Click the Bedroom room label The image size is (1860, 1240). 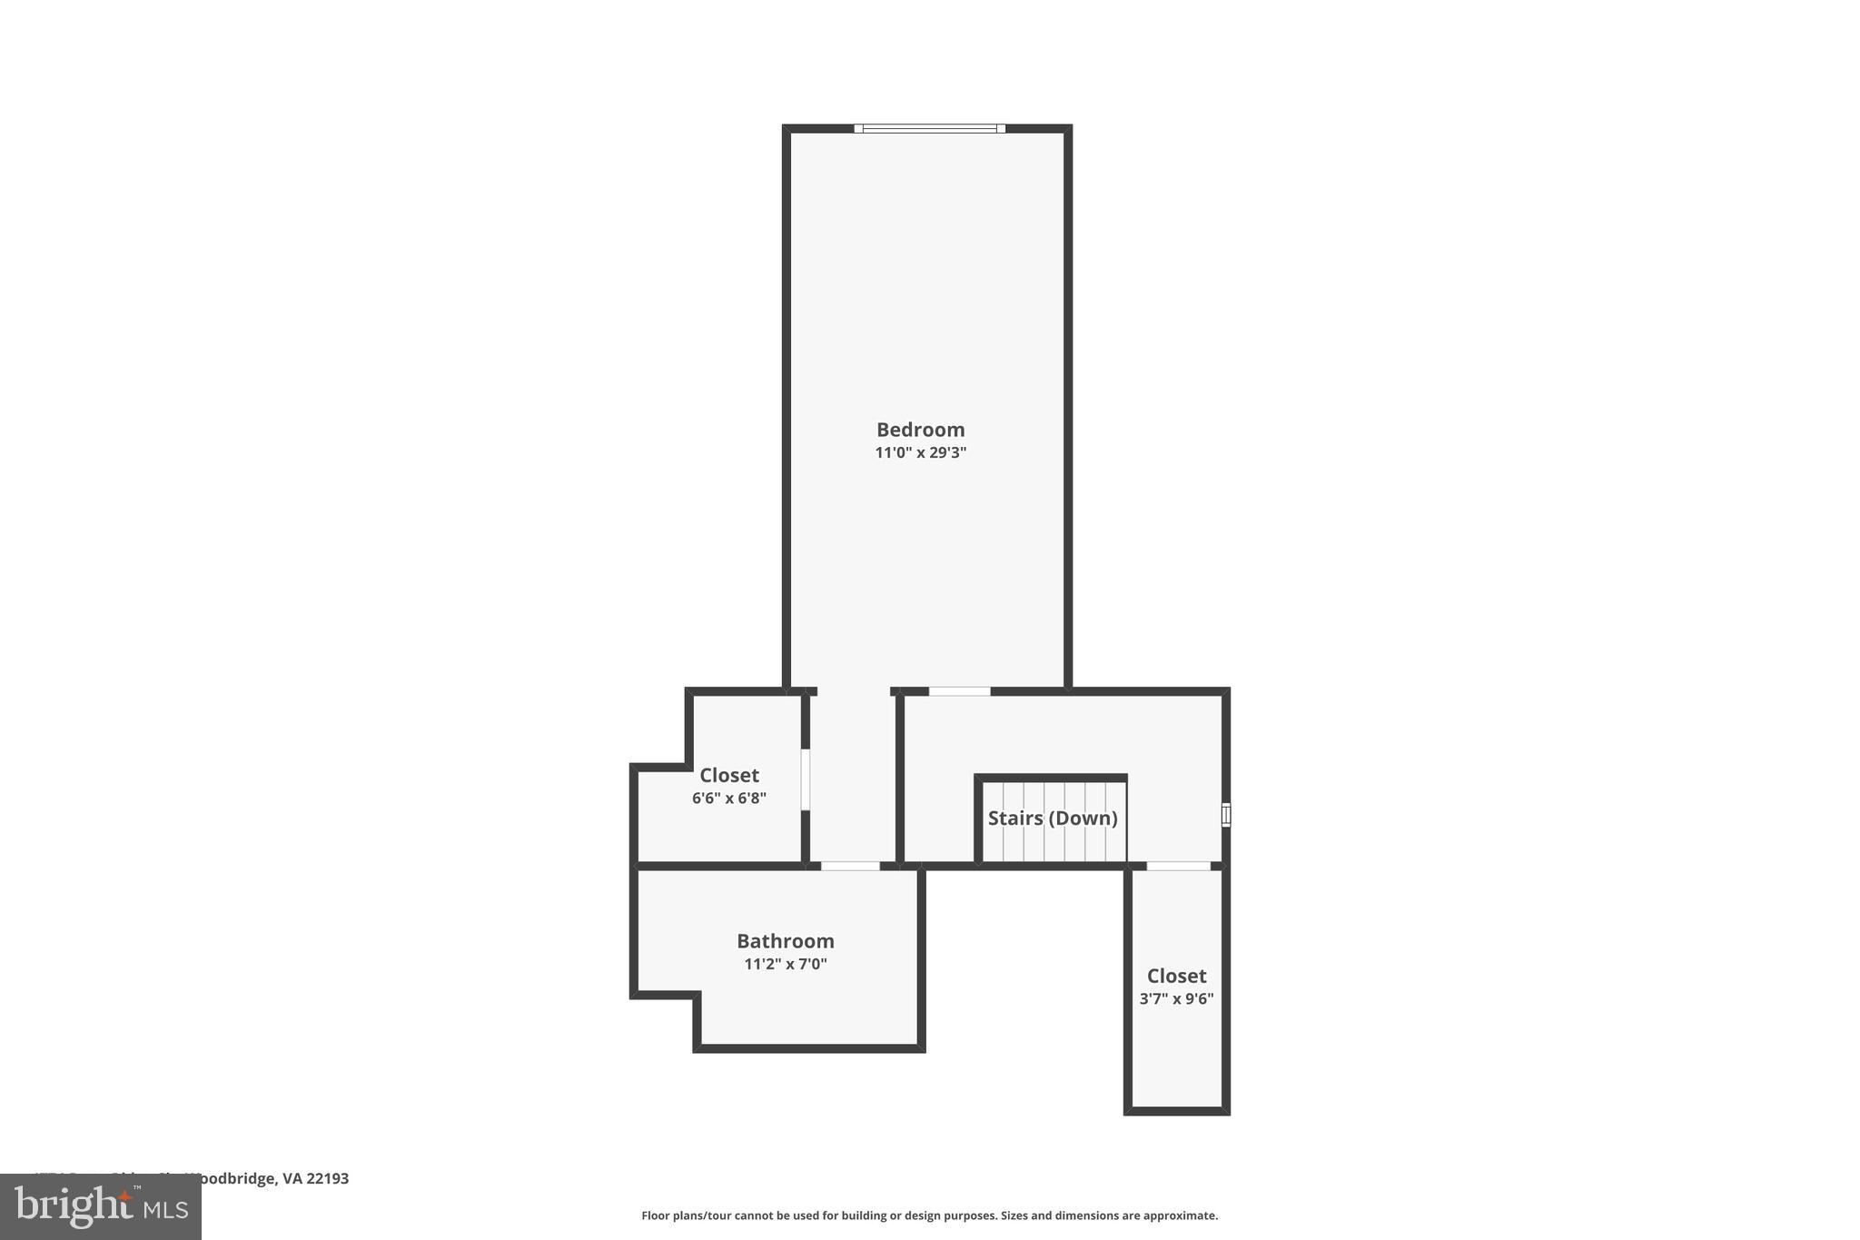coord(920,430)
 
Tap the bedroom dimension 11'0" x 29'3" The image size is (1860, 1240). coord(920,452)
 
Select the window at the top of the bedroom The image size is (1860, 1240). coord(929,129)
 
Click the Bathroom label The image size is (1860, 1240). coord(785,941)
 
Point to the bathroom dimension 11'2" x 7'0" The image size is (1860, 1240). coord(785,964)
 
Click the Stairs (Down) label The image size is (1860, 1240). coord(1052,818)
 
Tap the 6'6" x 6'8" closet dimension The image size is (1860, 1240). coord(728,799)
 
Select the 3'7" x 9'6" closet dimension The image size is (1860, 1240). coord(1176,998)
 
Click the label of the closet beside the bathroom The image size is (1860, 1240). coord(728,776)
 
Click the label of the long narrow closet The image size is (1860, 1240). coord(1176,976)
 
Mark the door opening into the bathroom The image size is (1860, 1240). coord(850,866)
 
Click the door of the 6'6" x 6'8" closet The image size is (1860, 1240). coord(805,779)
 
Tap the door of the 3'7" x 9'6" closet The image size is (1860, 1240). coord(1178,866)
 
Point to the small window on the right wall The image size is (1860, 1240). coord(1225,815)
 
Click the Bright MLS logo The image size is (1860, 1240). coord(101,1207)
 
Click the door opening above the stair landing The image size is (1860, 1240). coord(959,692)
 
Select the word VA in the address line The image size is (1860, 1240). coord(292,1178)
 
